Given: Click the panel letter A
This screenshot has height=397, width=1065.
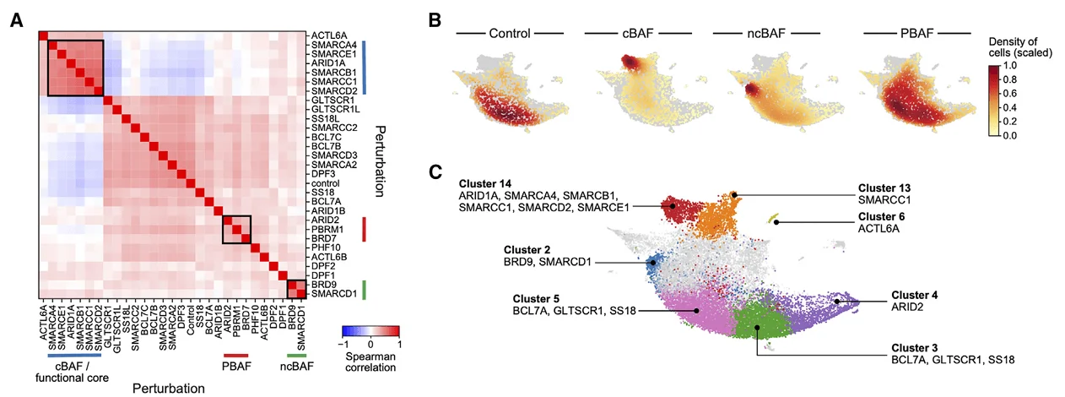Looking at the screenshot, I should coord(15,21).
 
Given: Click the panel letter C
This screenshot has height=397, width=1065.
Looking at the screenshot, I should coord(435,172).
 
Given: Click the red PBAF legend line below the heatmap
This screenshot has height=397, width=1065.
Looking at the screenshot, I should coord(236,356).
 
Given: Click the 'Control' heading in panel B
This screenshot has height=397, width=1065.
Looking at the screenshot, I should coord(509,35).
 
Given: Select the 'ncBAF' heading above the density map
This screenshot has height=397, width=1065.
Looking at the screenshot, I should coord(766,35).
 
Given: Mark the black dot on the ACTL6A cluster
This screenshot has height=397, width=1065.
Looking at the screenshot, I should coord(776,222).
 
